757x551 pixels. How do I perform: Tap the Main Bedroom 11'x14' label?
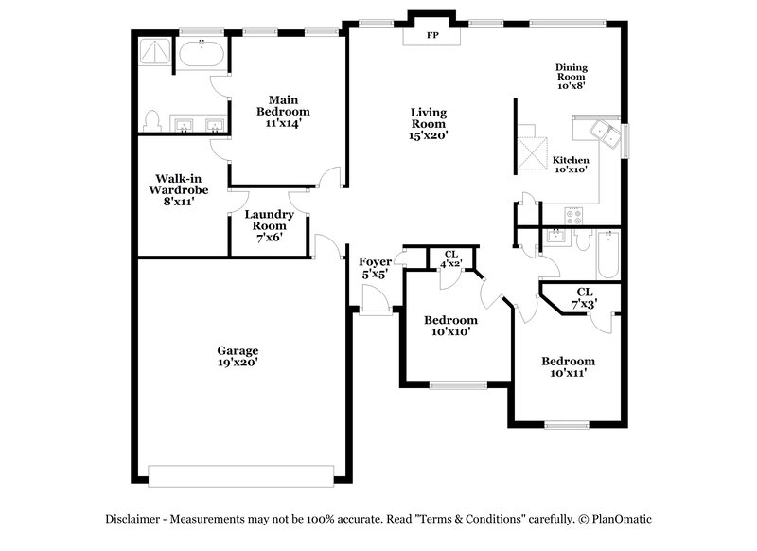[x=284, y=111]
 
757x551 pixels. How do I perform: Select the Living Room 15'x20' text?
[x=429, y=124]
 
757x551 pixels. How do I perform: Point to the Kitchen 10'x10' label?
[x=572, y=166]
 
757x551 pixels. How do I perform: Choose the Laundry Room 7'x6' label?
[x=270, y=226]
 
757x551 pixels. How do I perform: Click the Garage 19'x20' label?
[x=238, y=356]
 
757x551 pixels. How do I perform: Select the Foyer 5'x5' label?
[x=376, y=268]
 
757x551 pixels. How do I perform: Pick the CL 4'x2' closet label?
[x=451, y=258]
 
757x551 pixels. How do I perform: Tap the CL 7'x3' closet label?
[x=584, y=297]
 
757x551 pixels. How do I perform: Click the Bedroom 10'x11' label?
[x=568, y=367]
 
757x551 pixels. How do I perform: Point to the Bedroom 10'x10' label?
[x=450, y=326]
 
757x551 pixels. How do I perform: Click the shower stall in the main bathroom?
[x=152, y=55]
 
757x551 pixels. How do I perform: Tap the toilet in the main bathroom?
[x=151, y=120]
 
